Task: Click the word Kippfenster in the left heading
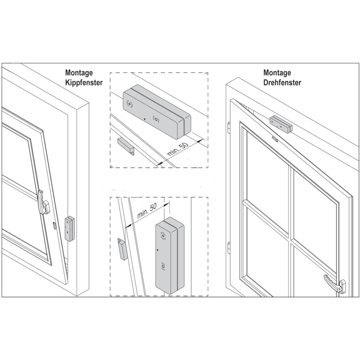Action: [x=84, y=83]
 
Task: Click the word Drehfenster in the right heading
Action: [x=282, y=83]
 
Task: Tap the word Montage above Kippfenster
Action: [x=79, y=73]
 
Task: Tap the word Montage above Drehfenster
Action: [x=277, y=73]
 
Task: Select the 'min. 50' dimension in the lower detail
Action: [x=147, y=211]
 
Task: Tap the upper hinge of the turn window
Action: [x=228, y=127]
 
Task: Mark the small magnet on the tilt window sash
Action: [x=55, y=225]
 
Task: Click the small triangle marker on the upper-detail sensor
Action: [x=144, y=119]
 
